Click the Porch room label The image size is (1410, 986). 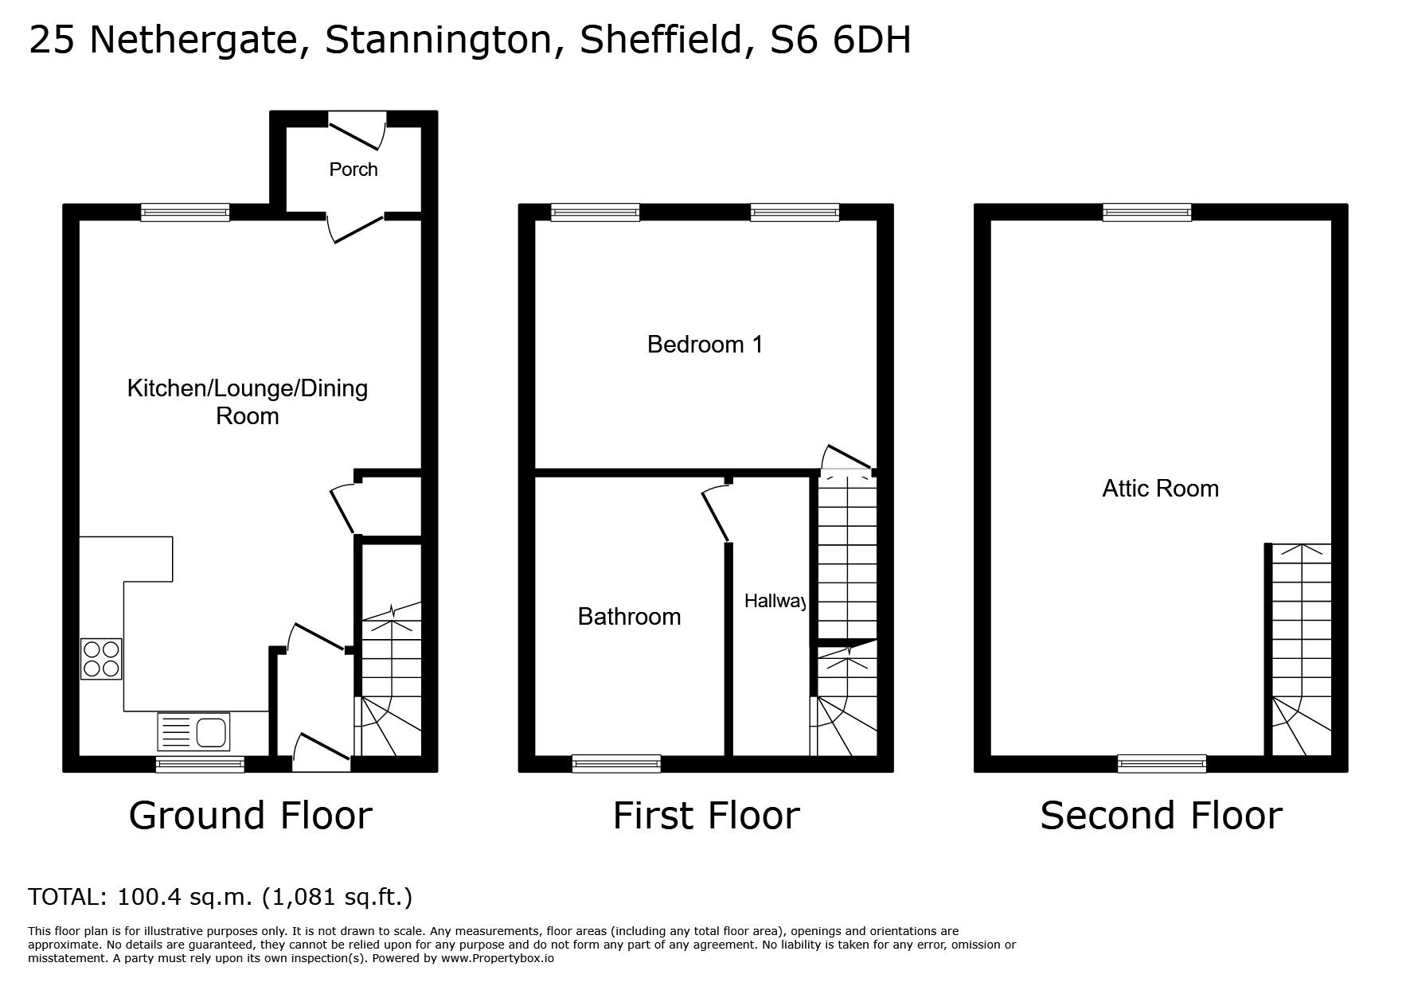coord(353,170)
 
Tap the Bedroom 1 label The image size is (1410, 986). coord(705,345)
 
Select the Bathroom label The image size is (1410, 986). coord(629,617)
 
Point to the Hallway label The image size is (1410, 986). coord(775,602)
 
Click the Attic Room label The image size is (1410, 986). coord(1160,489)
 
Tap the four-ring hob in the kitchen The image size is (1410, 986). coord(101,659)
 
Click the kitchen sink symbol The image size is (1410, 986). coord(194,731)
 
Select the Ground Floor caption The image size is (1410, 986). coord(250,816)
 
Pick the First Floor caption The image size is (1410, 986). coord(705,816)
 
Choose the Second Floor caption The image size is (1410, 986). coord(1161,816)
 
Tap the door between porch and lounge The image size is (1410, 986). coord(355,227)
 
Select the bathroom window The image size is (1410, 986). coord(616,763)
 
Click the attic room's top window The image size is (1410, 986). coord(1146,212)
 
